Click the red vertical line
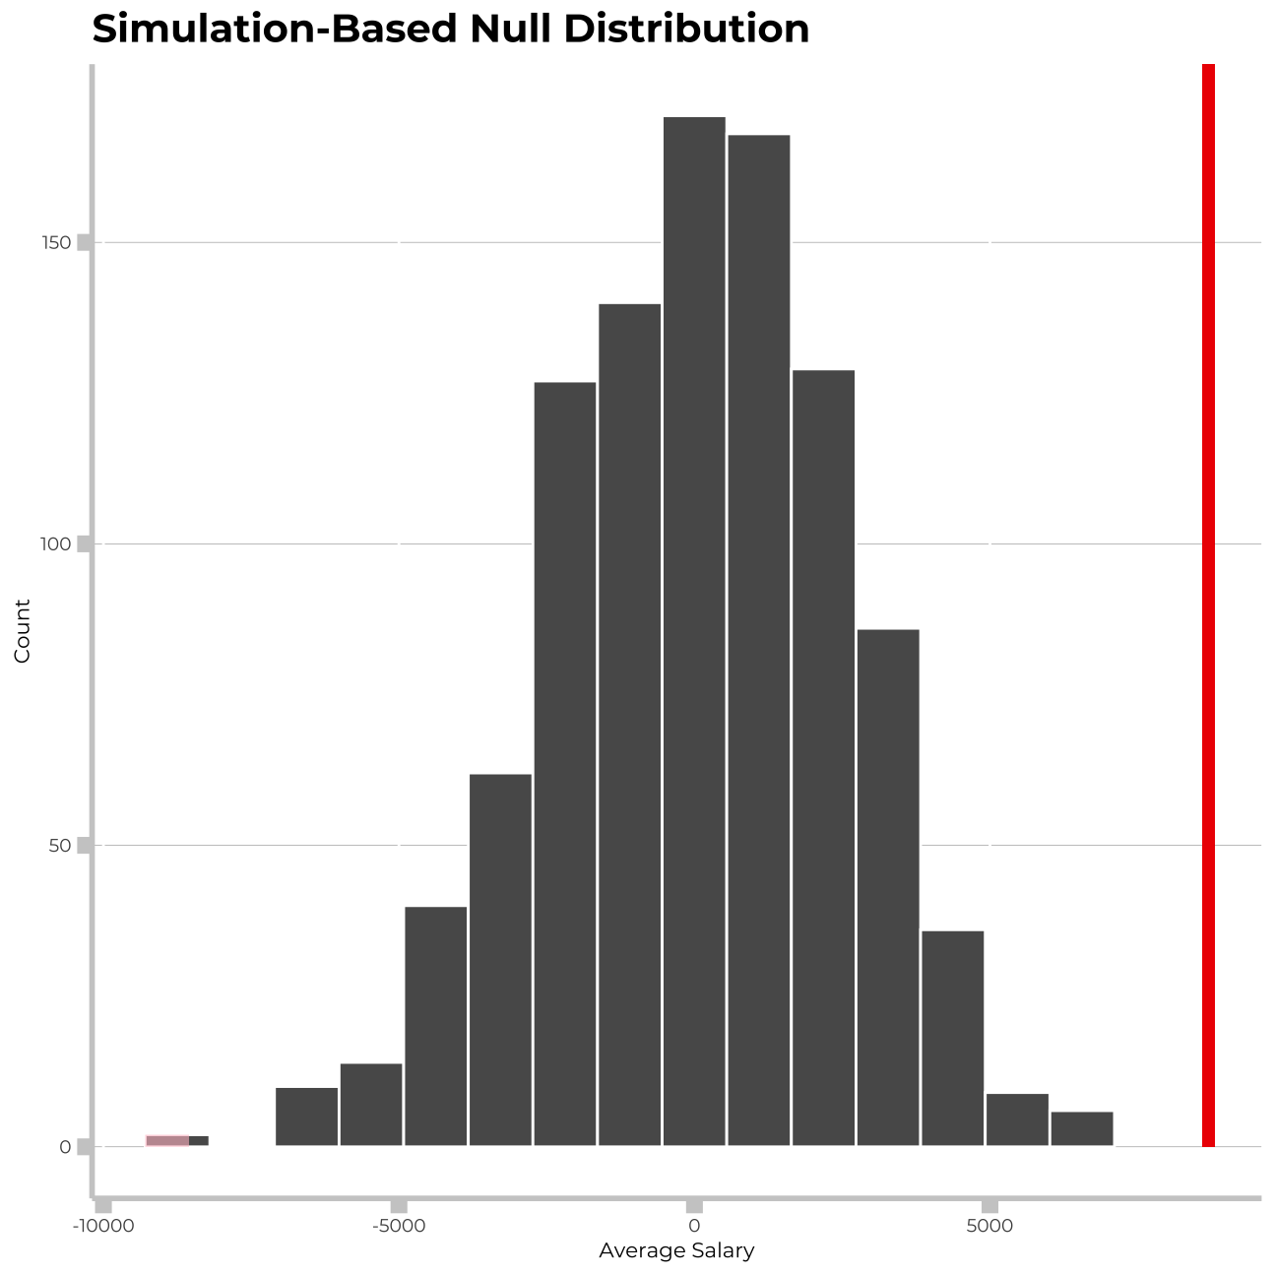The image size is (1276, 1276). click(x=1208, y=605)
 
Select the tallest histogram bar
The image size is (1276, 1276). click(x=694, y=630)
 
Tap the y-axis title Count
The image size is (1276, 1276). click(x=23, y=630)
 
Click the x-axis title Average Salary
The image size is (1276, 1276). click(x=676, y=1251)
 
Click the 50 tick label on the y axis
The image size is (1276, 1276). click(x=61, y=846)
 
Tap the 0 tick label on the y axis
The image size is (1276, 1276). click(x=65, y=1147)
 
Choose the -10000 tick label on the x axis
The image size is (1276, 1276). click(x=102, y=1226)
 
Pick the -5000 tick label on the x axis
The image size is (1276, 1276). click(x=399, y=1226)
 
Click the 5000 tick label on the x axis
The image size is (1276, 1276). click(x=989, y=1226)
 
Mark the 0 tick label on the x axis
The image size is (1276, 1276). click(x=694, y=1226)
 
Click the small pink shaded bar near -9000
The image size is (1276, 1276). click(x=167, y=1140)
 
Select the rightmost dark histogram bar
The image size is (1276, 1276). click(x=1081, y=1128)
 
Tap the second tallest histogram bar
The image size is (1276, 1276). click(x=758, y=640)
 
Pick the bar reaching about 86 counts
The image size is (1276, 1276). click(x=888, y=886)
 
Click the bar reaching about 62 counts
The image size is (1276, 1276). click(x=500, y=960)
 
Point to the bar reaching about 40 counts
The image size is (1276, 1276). click(x=436, y=1026)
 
